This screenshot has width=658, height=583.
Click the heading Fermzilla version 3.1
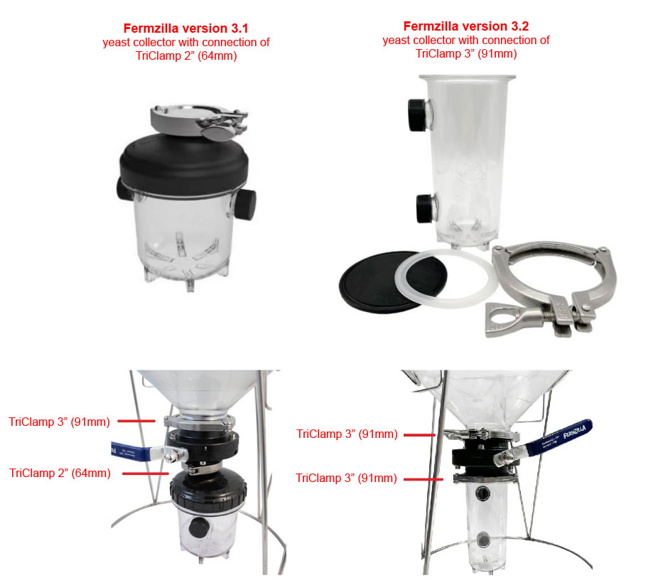tap(186, 28)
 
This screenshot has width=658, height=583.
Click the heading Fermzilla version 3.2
tap(466, 26)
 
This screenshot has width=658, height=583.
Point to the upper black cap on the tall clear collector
tap(418, 114)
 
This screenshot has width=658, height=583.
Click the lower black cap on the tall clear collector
tap(426, 208)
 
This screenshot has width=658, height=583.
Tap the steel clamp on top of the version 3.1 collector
tap(199, 121)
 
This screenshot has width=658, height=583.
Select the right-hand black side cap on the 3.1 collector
tap(245, 205)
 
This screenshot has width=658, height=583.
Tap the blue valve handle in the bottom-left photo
tap(131, 451)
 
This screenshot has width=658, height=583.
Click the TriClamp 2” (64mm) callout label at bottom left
tap(60, 473)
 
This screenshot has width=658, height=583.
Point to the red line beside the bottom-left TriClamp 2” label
tap(146, 474)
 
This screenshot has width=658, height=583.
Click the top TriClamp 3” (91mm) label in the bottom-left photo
tap(59, 422)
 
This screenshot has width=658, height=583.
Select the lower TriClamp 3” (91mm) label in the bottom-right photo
tap(346, 478)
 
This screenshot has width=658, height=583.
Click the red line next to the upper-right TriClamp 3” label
tap(419, 435)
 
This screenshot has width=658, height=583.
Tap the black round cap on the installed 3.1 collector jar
tap(198, 527)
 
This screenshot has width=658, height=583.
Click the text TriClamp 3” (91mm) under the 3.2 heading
tap(466, 54)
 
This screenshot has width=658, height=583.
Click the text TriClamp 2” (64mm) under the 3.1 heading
tap(186, 56)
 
